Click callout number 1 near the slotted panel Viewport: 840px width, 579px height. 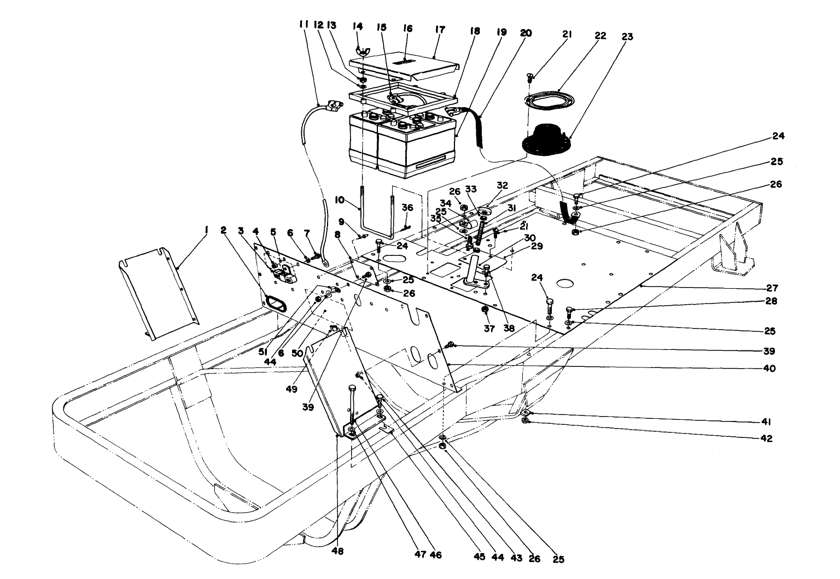[x=206, y=231]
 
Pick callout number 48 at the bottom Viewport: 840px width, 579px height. [x=338, y=552]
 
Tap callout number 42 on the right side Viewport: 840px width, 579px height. [x=767, y=438]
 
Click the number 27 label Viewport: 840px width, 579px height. [x=772, y=288]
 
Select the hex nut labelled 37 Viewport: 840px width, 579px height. [x=484, y=311]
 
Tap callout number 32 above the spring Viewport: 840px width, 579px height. [x=502, y=185]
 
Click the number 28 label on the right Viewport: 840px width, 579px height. [x=771, y=301]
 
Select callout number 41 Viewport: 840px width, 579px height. [x=767, y=422]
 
